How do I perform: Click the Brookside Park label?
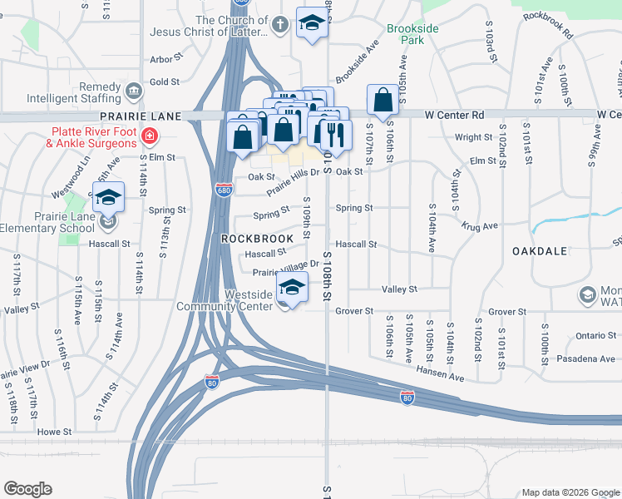(412, 33)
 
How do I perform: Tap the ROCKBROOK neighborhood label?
(257, 239)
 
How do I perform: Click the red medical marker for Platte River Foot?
(150, 136)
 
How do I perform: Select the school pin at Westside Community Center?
(292, 287)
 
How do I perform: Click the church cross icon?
(281, 25)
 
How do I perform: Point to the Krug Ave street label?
(480, 225)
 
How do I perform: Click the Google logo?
(27, 488)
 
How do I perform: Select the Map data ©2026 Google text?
(569, 492)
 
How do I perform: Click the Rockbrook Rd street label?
(547, 26)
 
